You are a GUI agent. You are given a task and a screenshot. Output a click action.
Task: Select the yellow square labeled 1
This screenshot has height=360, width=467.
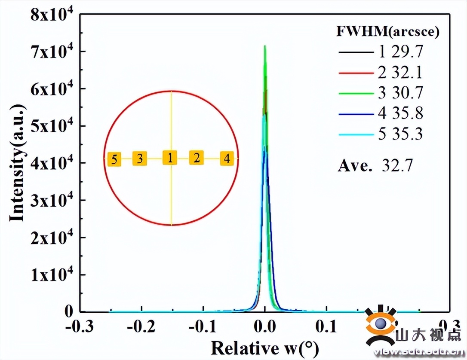click(x=170, y=158)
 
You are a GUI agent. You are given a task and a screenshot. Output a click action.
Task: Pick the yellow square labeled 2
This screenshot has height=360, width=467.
click(x=197, y=158)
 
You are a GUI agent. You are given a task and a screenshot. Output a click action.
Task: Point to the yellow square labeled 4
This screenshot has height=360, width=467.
click(x=227, y=159)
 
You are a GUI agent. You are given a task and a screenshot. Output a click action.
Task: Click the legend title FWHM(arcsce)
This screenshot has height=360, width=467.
click(x=387, y=33)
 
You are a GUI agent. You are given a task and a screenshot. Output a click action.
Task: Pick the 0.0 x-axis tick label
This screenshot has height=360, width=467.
click(x=265, y=326)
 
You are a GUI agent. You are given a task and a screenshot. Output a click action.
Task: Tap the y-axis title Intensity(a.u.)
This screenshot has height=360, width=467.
click(x=17, y=163)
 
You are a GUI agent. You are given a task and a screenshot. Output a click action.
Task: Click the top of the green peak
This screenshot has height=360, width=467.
click(x=265, y=46)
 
